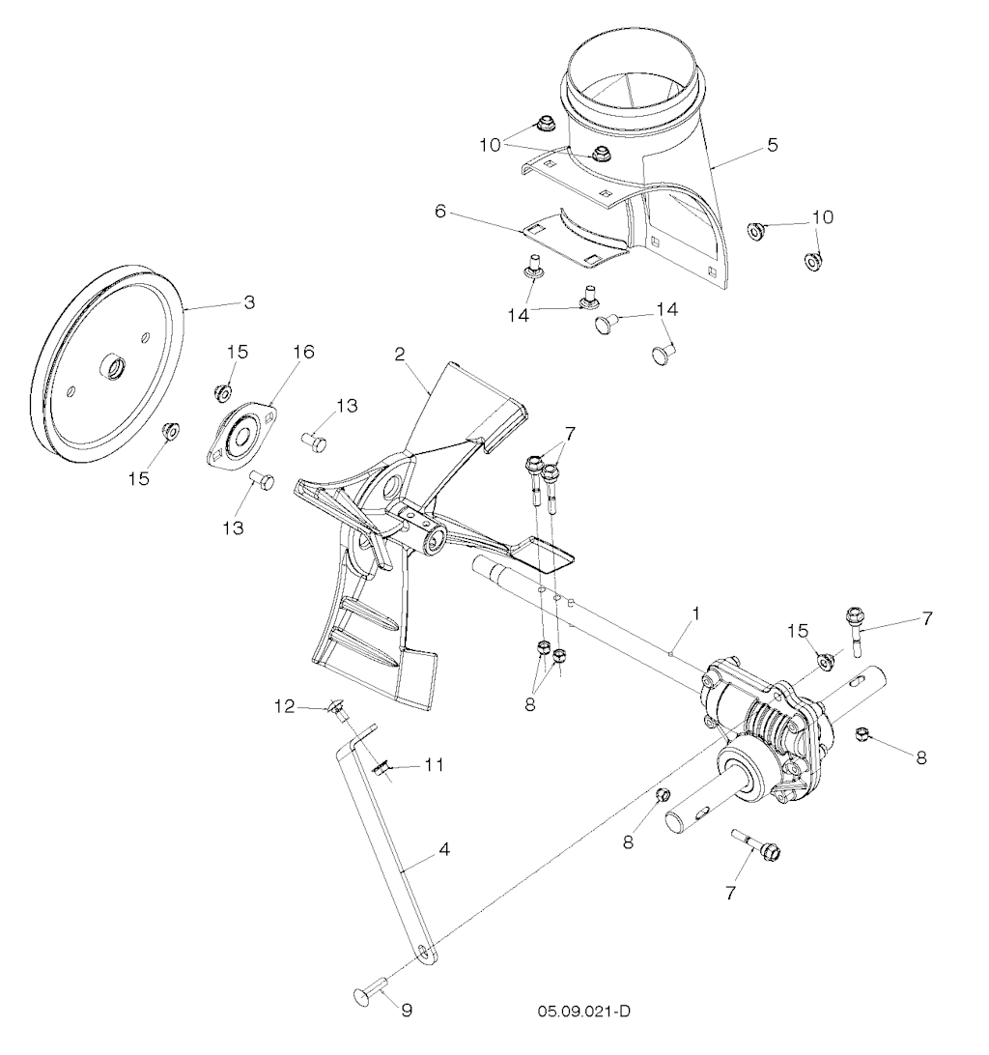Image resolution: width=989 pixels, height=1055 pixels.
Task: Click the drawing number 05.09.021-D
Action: pos(583,1012)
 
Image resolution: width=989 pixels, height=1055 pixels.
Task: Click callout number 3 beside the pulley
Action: pos(249,302)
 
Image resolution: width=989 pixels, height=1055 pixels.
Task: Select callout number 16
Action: pos(303,352)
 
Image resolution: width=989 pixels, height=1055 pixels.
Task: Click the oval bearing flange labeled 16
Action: pos(240,433)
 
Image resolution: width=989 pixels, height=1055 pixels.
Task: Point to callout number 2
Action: pos(400,356)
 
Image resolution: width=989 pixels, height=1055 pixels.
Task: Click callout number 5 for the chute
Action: pos(773,145)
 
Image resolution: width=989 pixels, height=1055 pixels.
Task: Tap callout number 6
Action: pos(440,212)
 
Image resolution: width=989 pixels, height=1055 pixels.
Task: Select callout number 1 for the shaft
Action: pos(696,613)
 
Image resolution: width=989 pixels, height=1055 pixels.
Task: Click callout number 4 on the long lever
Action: pos(444,850)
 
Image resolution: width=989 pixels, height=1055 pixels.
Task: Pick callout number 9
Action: pos(407,1010)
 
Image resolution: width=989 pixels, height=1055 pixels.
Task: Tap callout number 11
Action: pos(434,765)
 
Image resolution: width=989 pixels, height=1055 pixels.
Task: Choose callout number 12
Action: pos(285,706)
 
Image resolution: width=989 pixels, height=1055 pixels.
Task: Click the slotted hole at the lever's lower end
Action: pos(422,950)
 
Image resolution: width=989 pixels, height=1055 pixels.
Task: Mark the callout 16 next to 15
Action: pos(303,352)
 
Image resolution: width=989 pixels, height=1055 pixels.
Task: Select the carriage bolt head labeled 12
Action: pos(335,707)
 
